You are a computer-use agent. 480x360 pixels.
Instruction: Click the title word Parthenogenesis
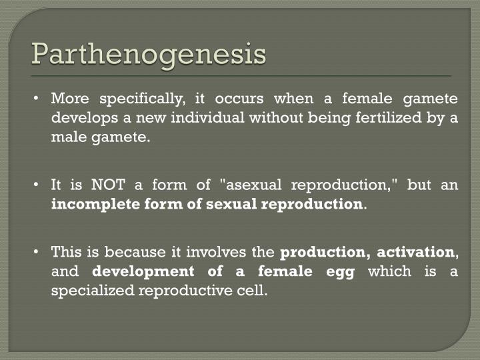click(x=149, y=54)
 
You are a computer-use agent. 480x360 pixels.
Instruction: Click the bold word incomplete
click(x=87, y=204)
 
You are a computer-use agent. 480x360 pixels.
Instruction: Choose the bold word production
click(x=325, y=252)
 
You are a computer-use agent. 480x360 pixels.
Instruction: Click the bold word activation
click(x=415, y=252)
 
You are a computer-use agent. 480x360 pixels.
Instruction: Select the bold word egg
click(x=341, y=271)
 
